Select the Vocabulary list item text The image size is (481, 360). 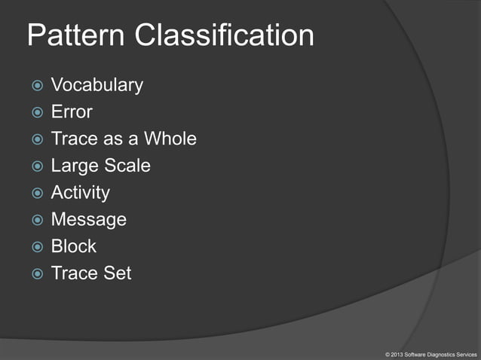click(97, 85)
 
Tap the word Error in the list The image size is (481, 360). click(72, 112)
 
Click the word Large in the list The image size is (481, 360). click(74, 166)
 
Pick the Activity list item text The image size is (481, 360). click(80, 193)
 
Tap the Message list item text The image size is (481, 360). click(88, 219)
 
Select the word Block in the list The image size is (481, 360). click(74, 246)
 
